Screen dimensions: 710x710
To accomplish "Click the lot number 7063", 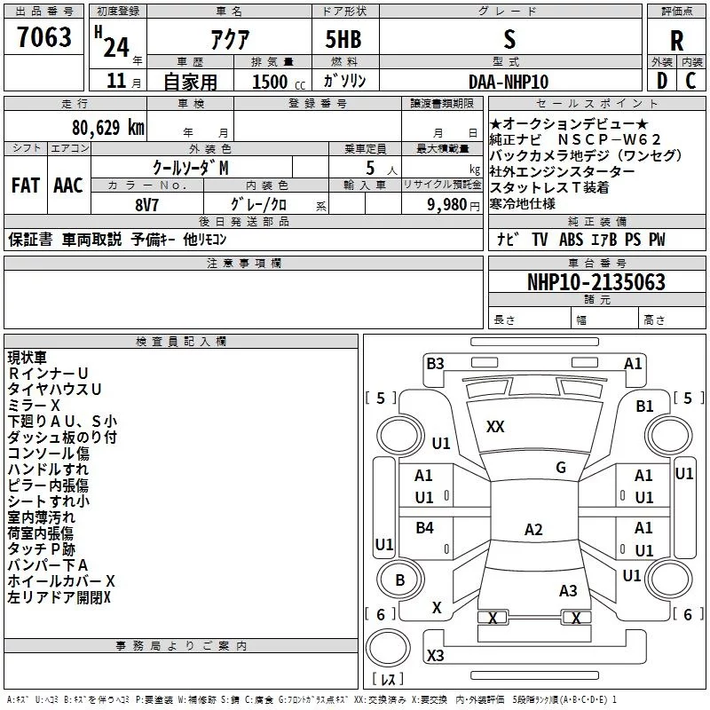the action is pyautogui.click(x=44, y=36).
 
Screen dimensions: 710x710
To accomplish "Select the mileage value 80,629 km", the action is pyautogui.click(x=107, y=127).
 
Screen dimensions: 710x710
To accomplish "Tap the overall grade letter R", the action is pyautogui.click(x=676, y=41).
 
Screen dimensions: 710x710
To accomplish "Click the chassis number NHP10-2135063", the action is pyautogui.click(x=596, y=281).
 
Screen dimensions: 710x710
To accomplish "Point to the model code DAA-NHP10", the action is pyautogui.click(x=509, y=82).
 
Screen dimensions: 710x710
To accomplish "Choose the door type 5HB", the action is pyautogui.click(x=343, y=39).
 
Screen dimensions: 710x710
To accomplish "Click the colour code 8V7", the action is pyautogui.click(x=146, y=205).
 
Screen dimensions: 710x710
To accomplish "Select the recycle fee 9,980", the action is pyautogui.click(x=447, y=204).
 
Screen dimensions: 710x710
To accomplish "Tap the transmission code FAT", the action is pyautogui.click(x=26, y=185).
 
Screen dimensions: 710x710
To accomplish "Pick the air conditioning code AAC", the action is pyautogui.click(x=68, y=185).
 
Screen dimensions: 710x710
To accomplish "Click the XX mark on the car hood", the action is pyautogui.click(x=495, y=427).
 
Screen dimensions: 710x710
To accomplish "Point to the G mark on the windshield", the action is pyautogui.click(x=561, y=468).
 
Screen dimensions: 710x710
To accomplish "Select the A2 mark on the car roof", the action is pyautogui.click(x=533, y=529).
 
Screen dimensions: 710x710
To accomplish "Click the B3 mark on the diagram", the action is pyautogui.click(x=435, y=364).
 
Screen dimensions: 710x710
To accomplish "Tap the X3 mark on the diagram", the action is pyautogui.click(x=435, y=655).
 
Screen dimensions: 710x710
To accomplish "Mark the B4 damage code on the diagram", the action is pyautogui.click(x=425, y=527).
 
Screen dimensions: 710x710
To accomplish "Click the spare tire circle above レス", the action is pyautogui.click(x=388, y=648).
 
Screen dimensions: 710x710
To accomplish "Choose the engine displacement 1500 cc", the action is pyautogui.click(x=279, y=82).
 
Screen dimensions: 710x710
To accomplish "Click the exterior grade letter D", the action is pyautogui.click(x=662, y=81).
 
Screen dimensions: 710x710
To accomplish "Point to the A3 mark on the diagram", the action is pyautogui.click(x=568, y=590).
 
